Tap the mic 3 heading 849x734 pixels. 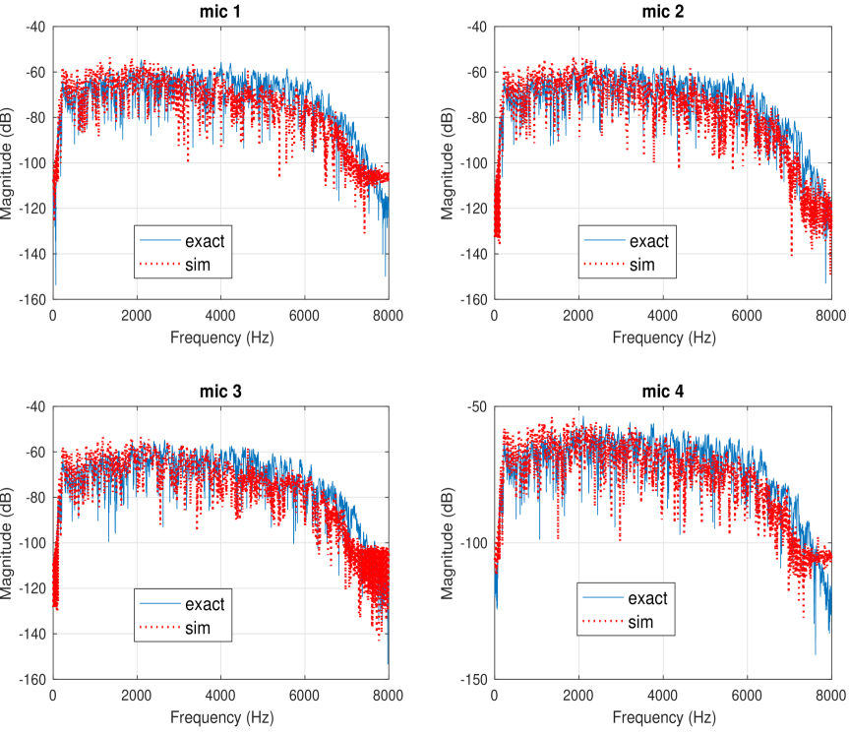coord(220,391)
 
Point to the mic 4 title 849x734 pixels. coord(662,391)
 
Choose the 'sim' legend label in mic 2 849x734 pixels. coord(641,265)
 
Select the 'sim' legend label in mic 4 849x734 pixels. coord(641,623)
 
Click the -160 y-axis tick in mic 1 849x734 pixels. coord(32,299)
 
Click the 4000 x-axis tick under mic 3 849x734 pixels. coord(220,695)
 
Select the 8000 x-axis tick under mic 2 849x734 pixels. coord(831,315)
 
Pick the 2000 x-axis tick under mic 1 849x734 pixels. coord(137,315)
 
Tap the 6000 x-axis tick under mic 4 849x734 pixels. coord(747,695)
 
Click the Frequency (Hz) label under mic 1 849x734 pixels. coord(220,336)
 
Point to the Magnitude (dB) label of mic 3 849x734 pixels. coord(9,542)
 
